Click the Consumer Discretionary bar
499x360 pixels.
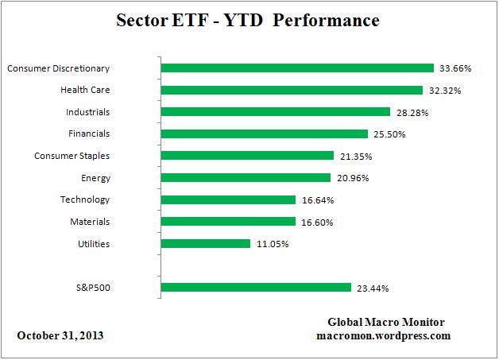coord(297,68)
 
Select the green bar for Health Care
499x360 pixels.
coord(292,91)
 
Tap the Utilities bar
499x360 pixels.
coord(206,244)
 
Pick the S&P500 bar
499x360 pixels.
coord(256,288)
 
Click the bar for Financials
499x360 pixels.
coord(265,134)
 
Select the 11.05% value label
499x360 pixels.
coord(271,244)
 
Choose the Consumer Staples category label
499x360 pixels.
coord(72,156)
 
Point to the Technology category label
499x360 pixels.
coord(85,199)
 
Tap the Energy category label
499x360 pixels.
coord(95,178)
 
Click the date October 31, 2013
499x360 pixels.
coord(60,335)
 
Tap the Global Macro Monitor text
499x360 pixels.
coord(386,322)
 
